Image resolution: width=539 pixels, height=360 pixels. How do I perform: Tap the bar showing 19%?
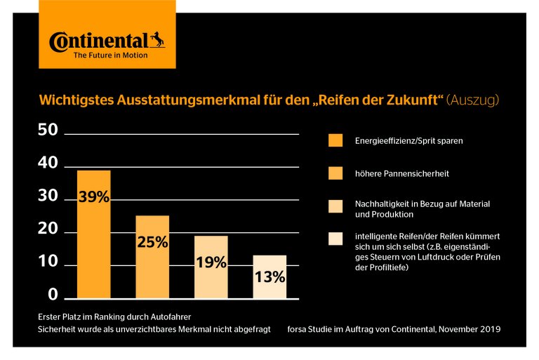pos(211,267)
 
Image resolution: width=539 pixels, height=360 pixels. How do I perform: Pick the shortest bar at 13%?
pos(269,277)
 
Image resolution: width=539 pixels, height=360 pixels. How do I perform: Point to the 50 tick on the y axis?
pos(48,131)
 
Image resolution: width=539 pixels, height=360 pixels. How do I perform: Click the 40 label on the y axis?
pos(48,164)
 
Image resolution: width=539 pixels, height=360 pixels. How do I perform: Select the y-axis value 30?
pos(48,196)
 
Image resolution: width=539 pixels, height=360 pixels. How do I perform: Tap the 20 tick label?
pos(48,229)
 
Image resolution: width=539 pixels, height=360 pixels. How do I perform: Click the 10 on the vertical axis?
pos(48,262)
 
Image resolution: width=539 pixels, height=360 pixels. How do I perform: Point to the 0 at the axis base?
pos(52,295)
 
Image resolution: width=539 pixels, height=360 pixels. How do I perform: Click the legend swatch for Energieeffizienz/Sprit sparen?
pos(336,140)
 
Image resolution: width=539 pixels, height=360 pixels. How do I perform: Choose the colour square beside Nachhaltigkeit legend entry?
pos(336,206)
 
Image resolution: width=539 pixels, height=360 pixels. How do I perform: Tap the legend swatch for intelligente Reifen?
pos(336,239)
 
